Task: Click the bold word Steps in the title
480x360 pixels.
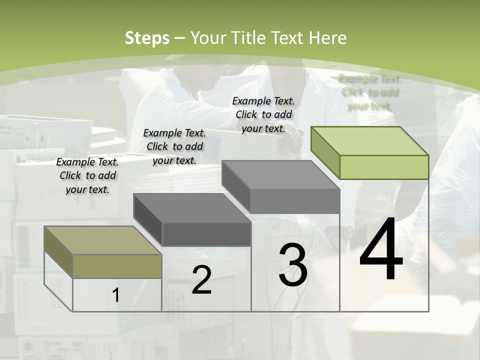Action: point(147,38)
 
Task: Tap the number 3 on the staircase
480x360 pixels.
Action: point(292,265)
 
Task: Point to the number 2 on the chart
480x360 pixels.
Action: point(201,280)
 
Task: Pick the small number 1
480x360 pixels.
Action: point(116,295)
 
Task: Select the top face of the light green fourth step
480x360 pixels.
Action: point(369,141)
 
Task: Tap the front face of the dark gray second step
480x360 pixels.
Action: point(206,234)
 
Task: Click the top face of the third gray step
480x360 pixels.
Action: point(280,174)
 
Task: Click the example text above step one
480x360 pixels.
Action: point(87,175)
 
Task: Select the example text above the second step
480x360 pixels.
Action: point(174,146)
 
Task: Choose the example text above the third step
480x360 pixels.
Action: point(263,114)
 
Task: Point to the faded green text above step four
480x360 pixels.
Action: point(369,92)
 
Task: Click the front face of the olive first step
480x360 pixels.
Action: point(117,266)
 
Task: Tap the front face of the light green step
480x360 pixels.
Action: point(383,167)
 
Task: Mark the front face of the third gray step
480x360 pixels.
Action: point(294,201)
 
